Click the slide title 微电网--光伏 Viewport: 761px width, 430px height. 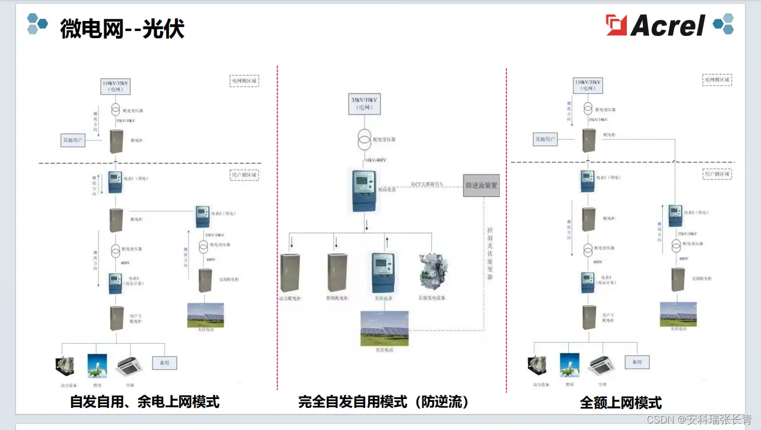[122, 28]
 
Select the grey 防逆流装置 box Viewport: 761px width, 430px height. [481, 185]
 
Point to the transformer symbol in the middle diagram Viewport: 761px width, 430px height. [364, 140]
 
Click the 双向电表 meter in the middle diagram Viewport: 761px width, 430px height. [364, 191]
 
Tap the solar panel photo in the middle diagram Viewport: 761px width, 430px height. [384, 328]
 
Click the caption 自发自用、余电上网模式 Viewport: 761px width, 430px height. [145, 401]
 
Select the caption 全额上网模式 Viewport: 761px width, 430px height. [621, 402]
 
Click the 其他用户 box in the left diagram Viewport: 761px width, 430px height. [72, 140]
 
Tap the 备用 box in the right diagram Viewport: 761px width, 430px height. [637, 362]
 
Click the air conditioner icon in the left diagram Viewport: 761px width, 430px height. [129, 365]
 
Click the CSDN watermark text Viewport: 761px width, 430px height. [699, 419]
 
